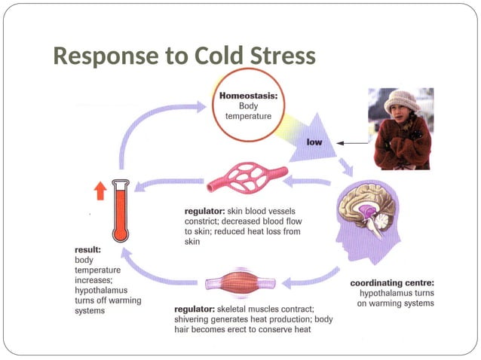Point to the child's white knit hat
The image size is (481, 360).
click(400, 99)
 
